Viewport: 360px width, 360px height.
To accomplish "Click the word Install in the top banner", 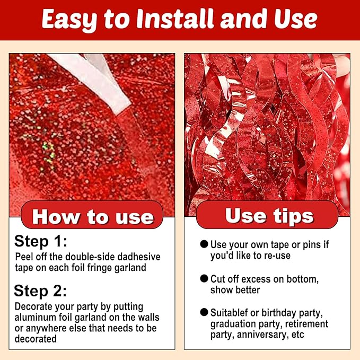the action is pos(175,19).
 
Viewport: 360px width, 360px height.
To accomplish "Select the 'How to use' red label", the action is pos(92,215).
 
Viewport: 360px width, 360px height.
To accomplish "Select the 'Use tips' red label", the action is pos(267,215).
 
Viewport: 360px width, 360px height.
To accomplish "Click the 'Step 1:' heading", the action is pos(41,241).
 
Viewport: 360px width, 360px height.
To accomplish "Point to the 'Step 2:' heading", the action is pos(40,291).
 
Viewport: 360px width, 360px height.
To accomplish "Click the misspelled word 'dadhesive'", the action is pos(139,257).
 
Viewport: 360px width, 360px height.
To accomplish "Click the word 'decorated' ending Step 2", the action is pos(36,339).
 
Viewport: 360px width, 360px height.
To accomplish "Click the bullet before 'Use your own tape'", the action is pos(204,244).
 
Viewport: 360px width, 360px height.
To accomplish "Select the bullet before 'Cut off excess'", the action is pos(204,278).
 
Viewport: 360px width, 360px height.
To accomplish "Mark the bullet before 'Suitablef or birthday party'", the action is pos(204,312).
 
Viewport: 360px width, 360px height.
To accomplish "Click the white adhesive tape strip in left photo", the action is pos(96,78).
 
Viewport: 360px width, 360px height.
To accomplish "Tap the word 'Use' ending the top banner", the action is pos(296,19).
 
